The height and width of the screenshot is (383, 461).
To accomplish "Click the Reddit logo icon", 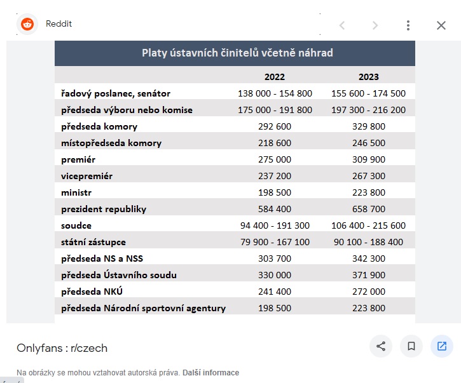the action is point(27,24).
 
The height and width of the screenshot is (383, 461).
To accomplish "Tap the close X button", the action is point(441,25).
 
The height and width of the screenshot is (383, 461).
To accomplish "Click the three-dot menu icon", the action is point(408,25).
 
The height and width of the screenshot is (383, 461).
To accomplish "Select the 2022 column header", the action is point(275,77).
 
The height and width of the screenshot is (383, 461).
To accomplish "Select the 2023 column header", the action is point(369,77).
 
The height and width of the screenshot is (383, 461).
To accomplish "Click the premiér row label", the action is point(78,160).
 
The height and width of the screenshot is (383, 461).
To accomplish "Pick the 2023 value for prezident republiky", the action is point(369,209).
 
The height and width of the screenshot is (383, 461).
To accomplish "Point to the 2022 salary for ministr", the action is point(275,192).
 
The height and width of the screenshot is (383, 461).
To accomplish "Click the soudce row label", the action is point(76,225).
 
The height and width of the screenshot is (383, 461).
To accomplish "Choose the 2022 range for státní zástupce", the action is point(275,242).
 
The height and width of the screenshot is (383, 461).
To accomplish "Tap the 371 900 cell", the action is point(369,275).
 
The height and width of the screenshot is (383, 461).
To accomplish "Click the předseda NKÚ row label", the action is point(92,292).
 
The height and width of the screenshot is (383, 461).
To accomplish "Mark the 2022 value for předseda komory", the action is point(275,126).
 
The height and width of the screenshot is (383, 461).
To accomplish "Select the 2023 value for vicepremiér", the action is point(369,176).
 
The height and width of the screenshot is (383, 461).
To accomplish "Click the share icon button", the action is point(381,346).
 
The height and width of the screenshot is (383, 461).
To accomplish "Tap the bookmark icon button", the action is point(411,346).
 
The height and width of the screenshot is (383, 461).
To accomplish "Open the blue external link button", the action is point(441,346).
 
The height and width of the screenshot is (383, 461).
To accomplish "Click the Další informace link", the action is point(211,373).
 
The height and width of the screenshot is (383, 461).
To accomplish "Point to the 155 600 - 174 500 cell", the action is point(368,94).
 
